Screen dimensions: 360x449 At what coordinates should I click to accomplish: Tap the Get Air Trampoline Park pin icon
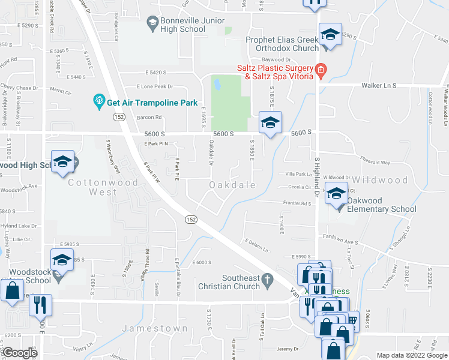pyautogui.click(x=98, y=102)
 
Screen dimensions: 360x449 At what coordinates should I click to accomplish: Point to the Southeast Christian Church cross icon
pyautogui.click(x=270, y=280)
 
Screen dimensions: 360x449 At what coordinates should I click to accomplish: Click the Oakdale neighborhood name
pyautogui.click(x=232, y=185)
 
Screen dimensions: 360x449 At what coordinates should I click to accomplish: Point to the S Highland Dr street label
pyautogui.click(x=316, y=176)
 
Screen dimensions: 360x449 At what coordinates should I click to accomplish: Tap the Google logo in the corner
pyautogui.click(x=20, y=353)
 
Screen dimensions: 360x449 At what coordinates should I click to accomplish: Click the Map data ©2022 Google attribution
pyautogui.click(x=412, y=355)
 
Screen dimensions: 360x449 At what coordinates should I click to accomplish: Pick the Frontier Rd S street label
pyautogui.click(x=298, y=203)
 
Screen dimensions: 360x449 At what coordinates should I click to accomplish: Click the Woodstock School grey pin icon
pyautogui.click(x=58, y=277)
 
